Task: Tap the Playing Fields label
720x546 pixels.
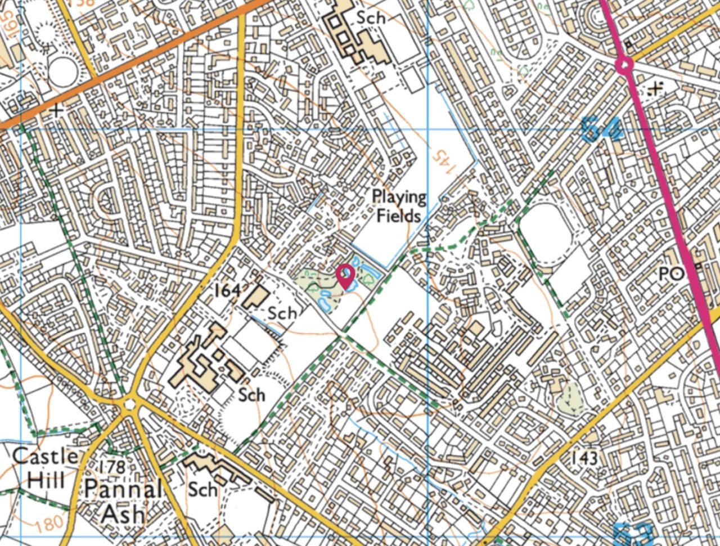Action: [399, 206]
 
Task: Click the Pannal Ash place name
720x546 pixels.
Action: [123, 501]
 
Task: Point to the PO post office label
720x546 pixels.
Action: [671, 274]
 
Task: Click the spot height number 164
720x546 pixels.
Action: [228, 290]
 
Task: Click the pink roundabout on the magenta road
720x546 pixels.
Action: [624, 65]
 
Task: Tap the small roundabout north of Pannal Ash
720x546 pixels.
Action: [130, 403]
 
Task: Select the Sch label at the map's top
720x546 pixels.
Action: [371, 18]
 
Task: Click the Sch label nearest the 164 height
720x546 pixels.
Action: [282, 312]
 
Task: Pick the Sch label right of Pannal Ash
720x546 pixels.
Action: [202, 489]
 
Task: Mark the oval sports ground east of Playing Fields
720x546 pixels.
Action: [544, 235]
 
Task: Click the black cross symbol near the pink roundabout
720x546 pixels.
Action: [655, 88]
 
